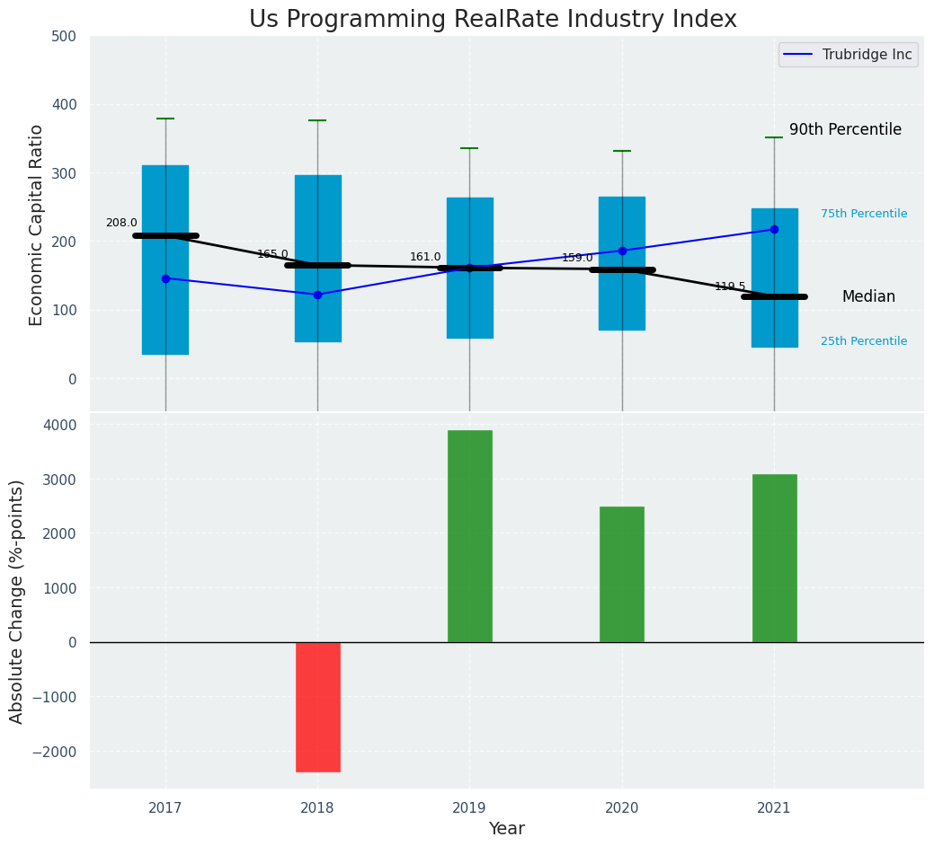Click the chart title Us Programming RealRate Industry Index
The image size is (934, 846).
[x=493, y=20]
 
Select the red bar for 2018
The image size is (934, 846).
[x=318, y=707]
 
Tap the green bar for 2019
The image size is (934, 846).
[x=470, y=536]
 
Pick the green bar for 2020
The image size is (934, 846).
[x=622, y=574]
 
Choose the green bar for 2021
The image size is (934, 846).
[x=774, y=558]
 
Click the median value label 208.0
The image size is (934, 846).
[x=121, y=224]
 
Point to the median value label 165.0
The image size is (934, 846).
[x=272, y=255]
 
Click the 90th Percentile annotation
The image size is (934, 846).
[x=845, y=130]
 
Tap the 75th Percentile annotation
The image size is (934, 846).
[x=864, y=214]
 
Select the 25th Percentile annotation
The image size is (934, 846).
[x=864, y=341]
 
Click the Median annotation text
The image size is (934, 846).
[x=868, y=297]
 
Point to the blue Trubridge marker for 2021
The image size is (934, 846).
[x=774, y=230]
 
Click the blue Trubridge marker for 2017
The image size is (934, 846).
[x=165, y=278]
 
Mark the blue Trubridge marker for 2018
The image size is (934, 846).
[x=317, y=295]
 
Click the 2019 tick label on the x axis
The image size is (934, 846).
[x=469, y=807]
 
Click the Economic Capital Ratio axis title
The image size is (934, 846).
[x=37, y=225]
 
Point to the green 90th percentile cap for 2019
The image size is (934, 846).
[x=469, y=148]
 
